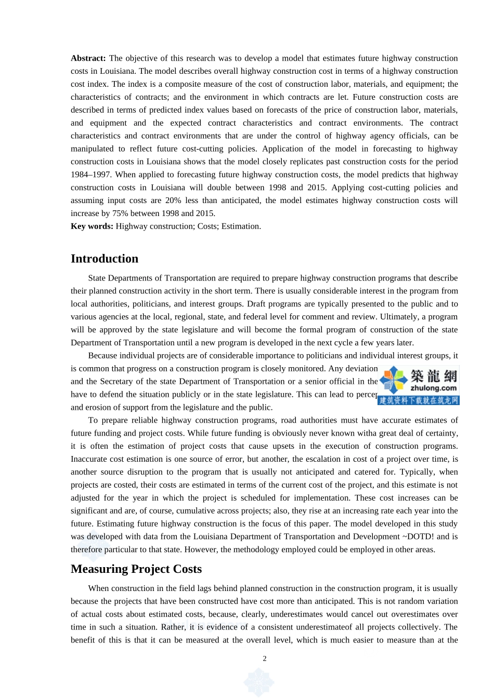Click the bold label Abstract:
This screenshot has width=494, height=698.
pyautogui.click(x=88, y=58)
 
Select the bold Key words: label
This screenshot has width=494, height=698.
pyautogui.click(x=92, y=226)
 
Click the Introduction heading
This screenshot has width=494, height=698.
pyautogui.click(x=105, y=259)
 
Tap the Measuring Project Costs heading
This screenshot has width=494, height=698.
pyautogui.click(x=136, y=569)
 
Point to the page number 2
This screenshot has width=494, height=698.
pyautogui.click(x=265, y=659)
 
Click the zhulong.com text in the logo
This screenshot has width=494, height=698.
pyautogui.click(x=434, y=388)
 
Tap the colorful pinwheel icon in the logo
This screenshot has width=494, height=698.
pyautogui.click(x=394, y=380)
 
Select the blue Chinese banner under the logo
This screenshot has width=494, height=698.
pyautogui.click(x=419, y=400)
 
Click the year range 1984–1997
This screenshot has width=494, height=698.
pyautogui.click(x=92, y=174)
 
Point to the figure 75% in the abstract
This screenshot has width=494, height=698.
pyautogui.click(x=121, y=213)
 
